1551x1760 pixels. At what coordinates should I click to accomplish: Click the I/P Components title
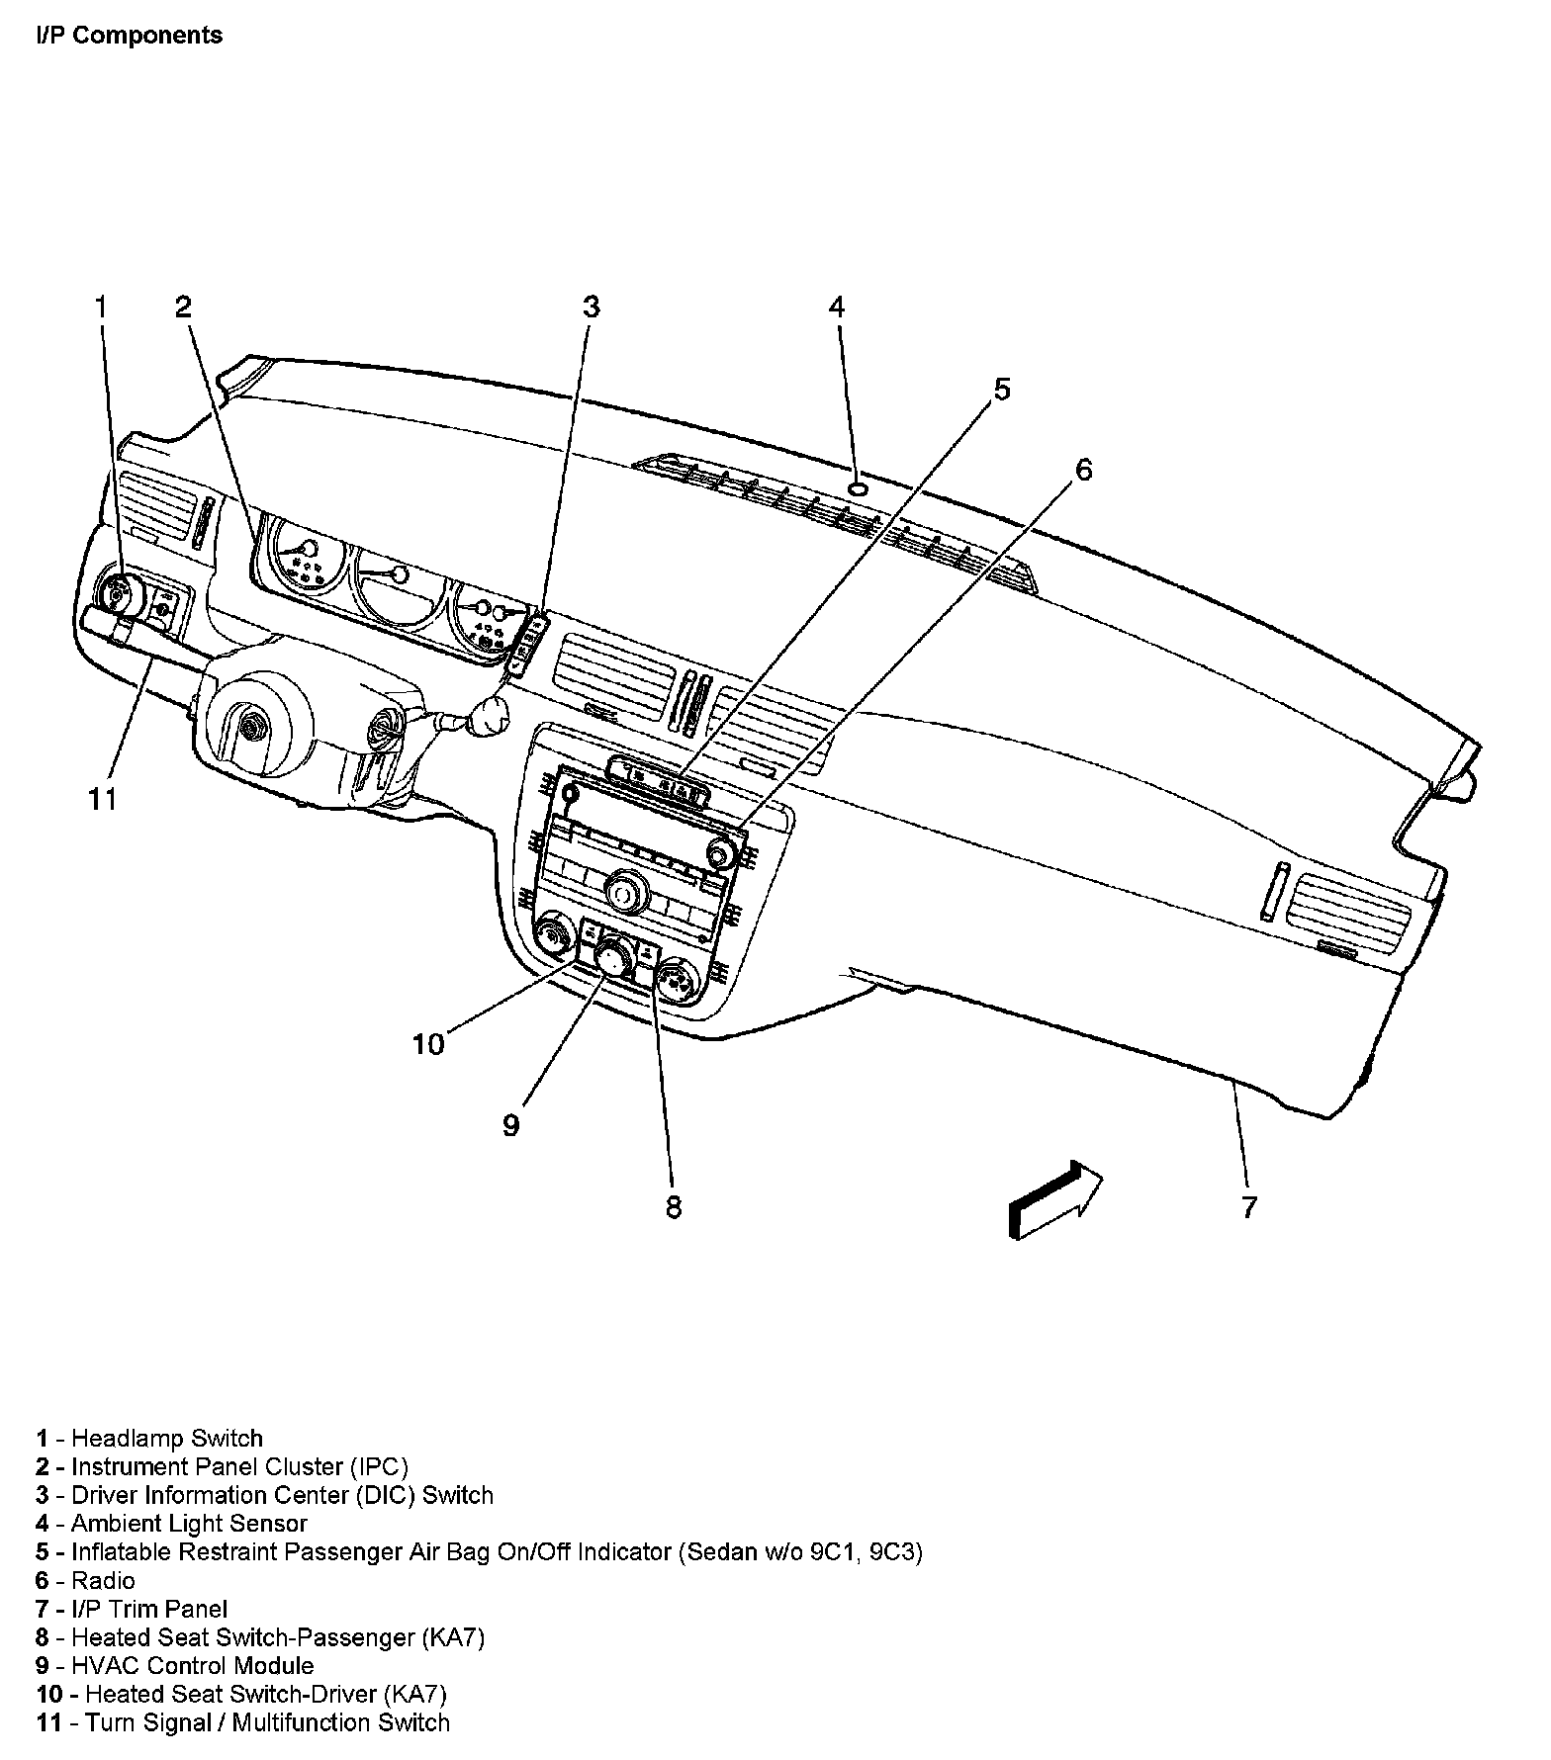129,36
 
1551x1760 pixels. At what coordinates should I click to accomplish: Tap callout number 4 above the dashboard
837,307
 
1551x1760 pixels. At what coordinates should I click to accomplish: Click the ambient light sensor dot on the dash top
859,488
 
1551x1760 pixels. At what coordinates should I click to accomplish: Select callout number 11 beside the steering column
103,798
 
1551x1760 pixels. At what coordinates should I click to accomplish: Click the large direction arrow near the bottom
1054,1197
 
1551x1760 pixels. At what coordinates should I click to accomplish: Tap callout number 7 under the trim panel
1249,1206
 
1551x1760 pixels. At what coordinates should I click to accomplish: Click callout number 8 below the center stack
673,1206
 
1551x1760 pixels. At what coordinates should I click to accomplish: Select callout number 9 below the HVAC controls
510,1125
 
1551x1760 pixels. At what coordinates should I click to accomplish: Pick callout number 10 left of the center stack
429,1044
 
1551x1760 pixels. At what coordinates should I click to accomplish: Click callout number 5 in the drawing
1002,390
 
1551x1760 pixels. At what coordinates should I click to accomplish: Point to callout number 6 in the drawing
1084,470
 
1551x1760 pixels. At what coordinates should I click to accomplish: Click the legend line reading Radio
103,1580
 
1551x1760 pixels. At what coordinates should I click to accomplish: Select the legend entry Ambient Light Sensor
188,1524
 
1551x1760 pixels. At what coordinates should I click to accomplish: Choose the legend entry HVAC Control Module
192,1665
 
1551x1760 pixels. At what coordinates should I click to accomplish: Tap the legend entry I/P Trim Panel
148,1609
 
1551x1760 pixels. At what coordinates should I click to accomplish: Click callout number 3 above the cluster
591,307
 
